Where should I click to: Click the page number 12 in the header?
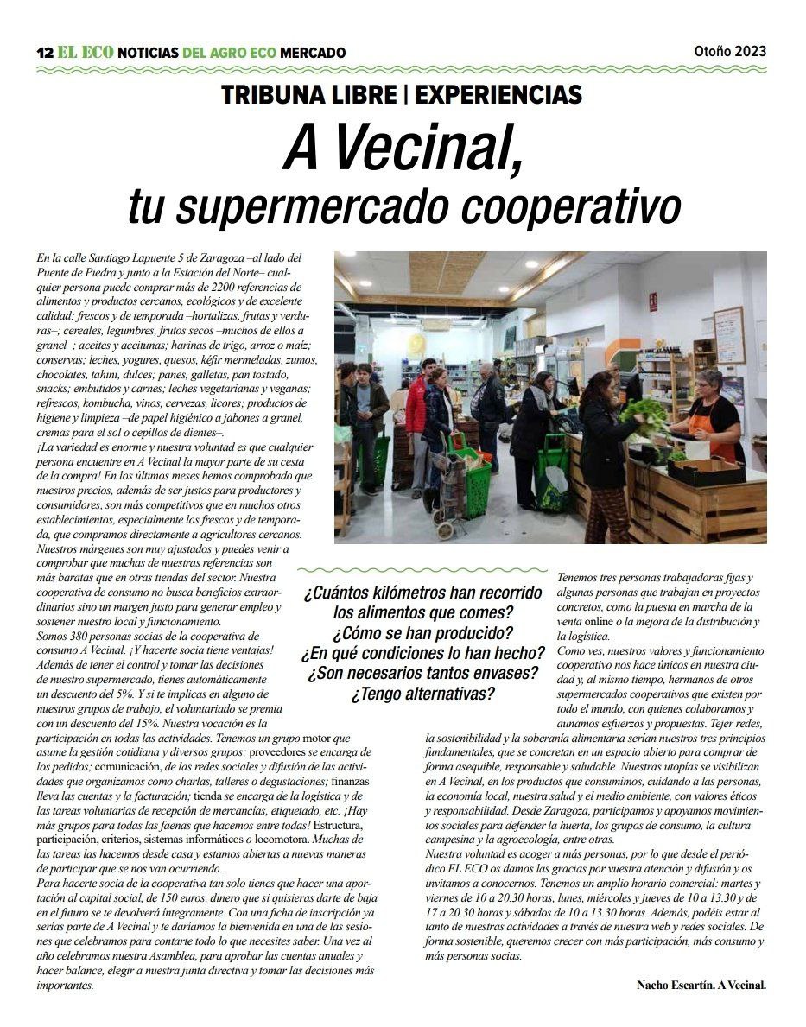[x=44, y=53]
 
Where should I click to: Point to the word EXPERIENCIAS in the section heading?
[x=498, y=95]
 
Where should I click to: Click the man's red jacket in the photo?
[x=417, y=403]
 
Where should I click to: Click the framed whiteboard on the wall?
[x=728, y=335]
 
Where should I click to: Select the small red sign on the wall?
[x=653, y=301]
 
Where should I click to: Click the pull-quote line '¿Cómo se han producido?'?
[x=422, y=632]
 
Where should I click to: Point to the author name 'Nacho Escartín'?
[x=675, y=984]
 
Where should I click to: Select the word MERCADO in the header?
[x=313, y=53]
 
